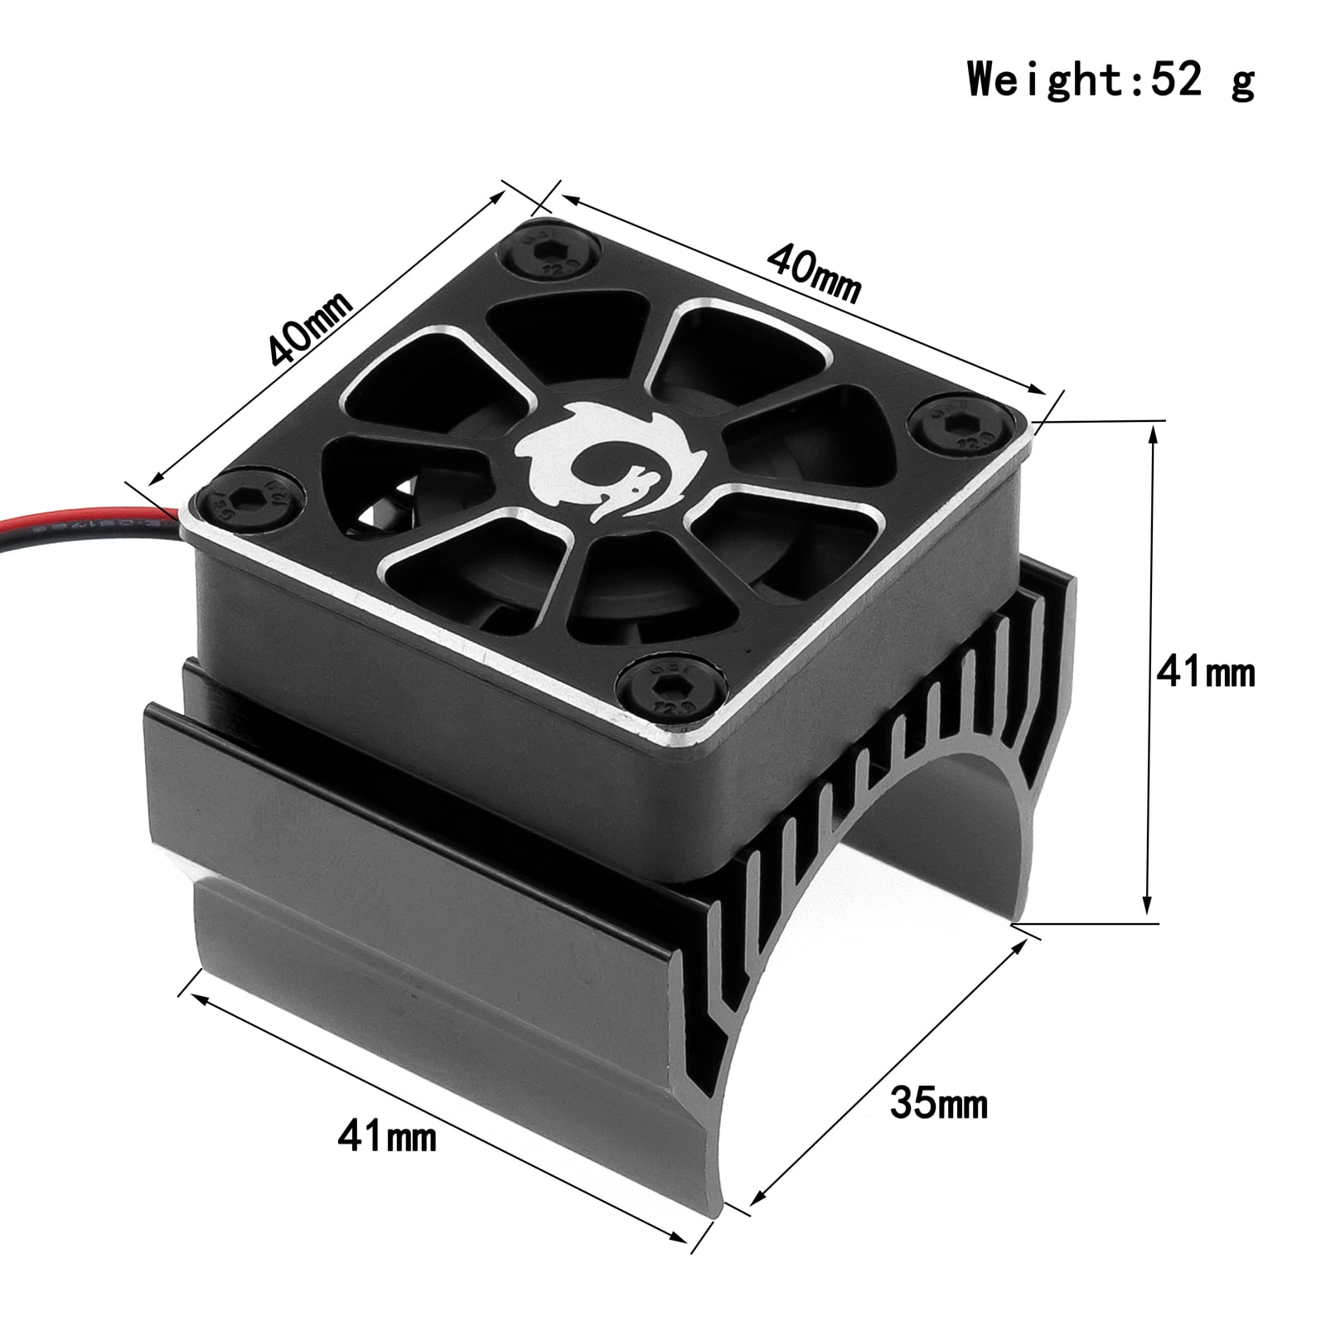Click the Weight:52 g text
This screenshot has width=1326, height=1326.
coord(1111,80)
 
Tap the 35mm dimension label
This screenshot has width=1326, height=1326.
coord(939,1104)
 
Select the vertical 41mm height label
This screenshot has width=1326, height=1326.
coord(1206,672)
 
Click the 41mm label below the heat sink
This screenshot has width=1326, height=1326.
coord(386,1137)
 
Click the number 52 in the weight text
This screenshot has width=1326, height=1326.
coord(1174,80)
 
